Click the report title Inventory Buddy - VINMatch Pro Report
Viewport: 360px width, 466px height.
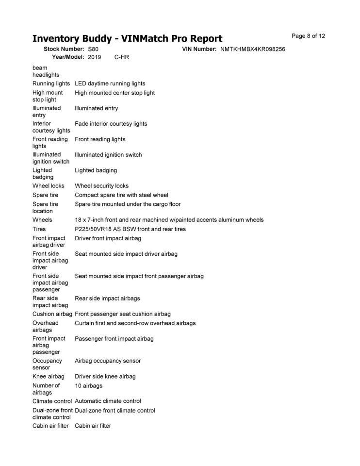(x=127, y=38)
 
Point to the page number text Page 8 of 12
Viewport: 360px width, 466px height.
(x=308, y=36)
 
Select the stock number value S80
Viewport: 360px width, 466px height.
(x=93, y=50)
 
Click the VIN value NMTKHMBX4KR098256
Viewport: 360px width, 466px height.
(x=252, y=50)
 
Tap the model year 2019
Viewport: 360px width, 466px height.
(x=95, y=57)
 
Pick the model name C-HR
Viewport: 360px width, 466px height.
(x=122, y=57)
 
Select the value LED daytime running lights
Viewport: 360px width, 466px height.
(x=110, y=83)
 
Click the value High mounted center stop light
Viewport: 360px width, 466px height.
(x=115, y=93)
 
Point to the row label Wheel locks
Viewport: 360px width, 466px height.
(x=48, y=186)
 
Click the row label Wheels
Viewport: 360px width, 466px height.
(x=42, y=220)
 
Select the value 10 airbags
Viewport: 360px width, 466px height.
(x=88, y=386)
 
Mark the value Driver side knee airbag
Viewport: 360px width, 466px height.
(x=105, y=376)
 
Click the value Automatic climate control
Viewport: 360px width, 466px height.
(x=108, y=401)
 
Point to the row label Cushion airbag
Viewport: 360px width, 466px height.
(x=52, y=314)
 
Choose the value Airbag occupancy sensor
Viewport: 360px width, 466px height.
(x=108, y=361)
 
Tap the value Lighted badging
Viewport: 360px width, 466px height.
(x=96, y=170)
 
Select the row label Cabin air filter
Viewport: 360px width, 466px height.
(x=50, y=426)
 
